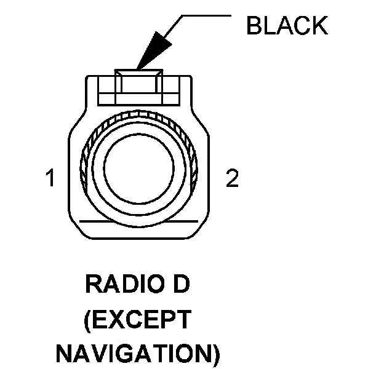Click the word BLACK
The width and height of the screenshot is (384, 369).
pyautogui.click(x=286, y=26)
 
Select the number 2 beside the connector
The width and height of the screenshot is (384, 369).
pyautogui.click(x=232, y=180)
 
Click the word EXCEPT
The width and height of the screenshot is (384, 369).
pyautogui.click(x=142, y=320)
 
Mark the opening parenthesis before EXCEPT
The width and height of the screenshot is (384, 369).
pyautogui.click(x=88, y=320)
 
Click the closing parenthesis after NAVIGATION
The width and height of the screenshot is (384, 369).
pyautogui.click(x=215, y=354)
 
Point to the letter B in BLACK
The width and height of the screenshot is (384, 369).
pyautogui.click(x=254, y=26)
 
